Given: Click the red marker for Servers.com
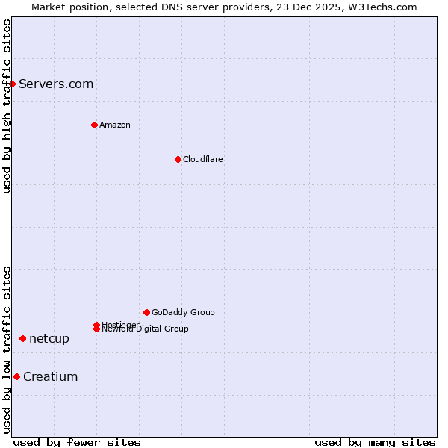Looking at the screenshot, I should click(x=13, y=84).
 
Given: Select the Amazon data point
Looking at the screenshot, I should click(x=94, y=125).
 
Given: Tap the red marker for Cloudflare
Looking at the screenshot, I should click(x=178, y=159).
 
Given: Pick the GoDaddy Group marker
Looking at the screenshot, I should click(x=146, y=312).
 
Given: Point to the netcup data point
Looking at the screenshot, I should click(x=22, y=338).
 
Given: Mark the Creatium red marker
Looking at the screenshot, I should click(x=16, y=376).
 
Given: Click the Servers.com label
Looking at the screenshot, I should click(x=56, y=84).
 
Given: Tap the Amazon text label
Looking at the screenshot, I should click(x=114, y=125).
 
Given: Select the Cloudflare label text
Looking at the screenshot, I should click(x=202, y=159).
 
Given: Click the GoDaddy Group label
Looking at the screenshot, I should click(x=183, y=312).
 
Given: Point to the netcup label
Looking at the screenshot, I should click(x=49, y=338).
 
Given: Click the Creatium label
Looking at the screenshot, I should click(x=50, y=376).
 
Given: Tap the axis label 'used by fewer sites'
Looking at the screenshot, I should click(x=77, y=442).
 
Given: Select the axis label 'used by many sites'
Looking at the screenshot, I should click(x=375, y=442).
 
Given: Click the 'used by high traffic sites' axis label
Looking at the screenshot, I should click(x=7, y=106).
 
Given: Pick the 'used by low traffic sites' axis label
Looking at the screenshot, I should click(x=7, y=349).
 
